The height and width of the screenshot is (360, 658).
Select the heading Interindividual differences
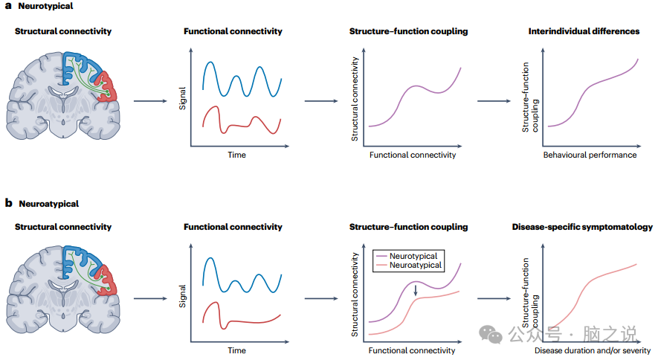pos(584,31)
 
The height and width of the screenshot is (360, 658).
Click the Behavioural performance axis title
pos(590,155)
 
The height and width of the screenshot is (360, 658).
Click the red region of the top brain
pos(109,87)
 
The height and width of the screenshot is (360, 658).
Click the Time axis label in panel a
pos(236,155)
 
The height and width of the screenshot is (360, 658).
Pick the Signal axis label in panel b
pos(182,295)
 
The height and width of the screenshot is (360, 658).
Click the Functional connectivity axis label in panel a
pos(412,155)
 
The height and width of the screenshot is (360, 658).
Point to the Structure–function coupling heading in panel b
pos(408,227)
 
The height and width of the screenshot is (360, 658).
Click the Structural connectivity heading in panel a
pos(62,31)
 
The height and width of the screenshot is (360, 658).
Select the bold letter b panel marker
pos(8,203)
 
